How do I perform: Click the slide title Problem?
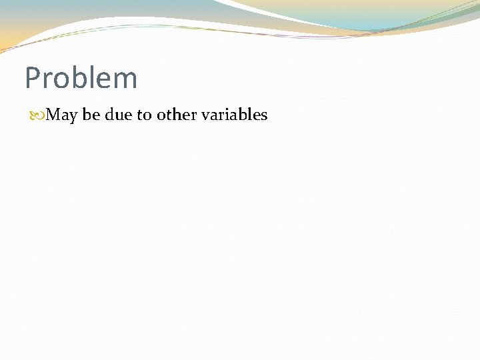[x=81, y=78]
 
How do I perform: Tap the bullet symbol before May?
[x=38, y=115]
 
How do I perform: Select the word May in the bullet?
[x=63, y=115]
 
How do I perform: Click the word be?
[x=91, y=115]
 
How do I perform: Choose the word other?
[x=177, y=115]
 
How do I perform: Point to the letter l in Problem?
[x=90, y=77]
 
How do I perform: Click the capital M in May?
[x=54, y=115]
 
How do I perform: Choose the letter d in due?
[x=109, y=115]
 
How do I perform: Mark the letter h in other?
[x=175, y=115]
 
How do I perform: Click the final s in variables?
[x=264, y=116]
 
